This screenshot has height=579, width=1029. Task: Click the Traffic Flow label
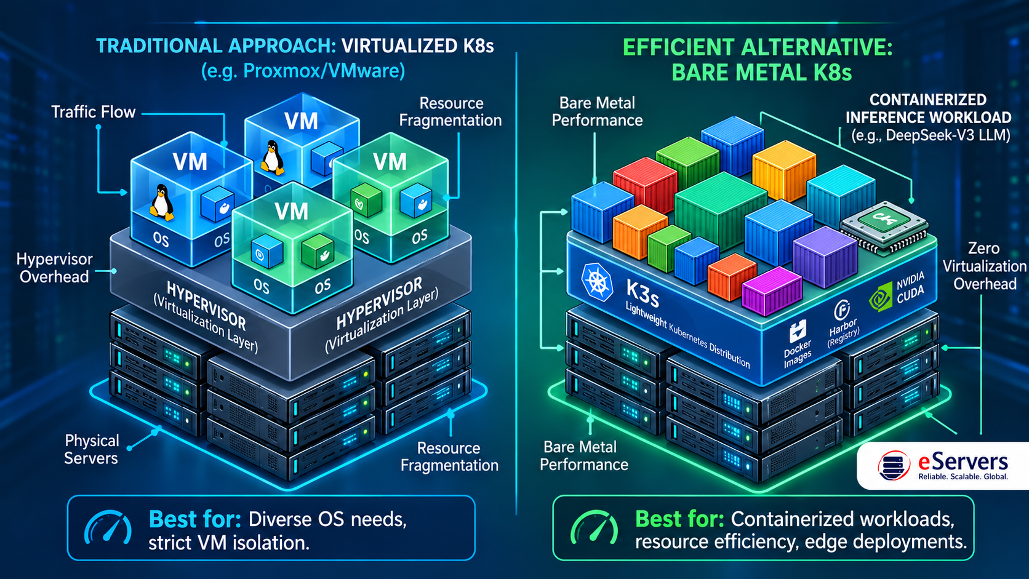pyautogui.click(x=94, y=112)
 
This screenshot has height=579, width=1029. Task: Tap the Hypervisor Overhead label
pyautogui.click(x=54, y=268)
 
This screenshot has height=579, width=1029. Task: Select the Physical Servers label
pyautogui.click(x=92, y=449)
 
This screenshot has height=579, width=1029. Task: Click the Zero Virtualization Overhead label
pyautogui.click(x=984, y=266)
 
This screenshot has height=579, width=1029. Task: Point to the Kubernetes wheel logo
pyautogui.click(x=597, y=282)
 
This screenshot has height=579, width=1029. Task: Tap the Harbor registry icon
pyautogui.click(x=842, y=310)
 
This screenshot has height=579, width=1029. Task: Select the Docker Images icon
pyautogui.click(x=798, y=331)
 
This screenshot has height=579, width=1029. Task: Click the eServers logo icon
pyautogui.click(x=894, y=466)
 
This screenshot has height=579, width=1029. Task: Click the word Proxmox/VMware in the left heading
pyautogui.click(x=324, y=71)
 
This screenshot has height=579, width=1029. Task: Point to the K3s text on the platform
pyautogui.click(x=643, y=294)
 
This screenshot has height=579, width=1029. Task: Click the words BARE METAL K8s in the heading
pyautogui.click(x=762, y=73)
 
